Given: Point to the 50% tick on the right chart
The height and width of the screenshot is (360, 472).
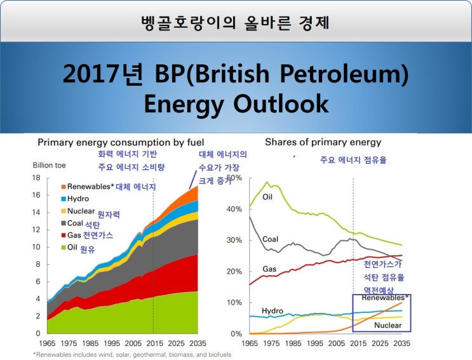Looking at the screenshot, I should (234, 178).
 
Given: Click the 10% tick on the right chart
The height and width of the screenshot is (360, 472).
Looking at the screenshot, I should (234, 303).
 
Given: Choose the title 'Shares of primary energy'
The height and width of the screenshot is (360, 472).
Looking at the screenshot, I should (323, 142).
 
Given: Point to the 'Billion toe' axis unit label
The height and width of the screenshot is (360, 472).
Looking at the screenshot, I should (50, 165).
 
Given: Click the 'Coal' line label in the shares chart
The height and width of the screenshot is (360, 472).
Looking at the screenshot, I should (270, 239).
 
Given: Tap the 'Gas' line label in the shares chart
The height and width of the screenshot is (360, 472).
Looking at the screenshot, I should (269, 269).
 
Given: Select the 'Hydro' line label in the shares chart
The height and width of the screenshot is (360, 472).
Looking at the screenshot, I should (272, 310).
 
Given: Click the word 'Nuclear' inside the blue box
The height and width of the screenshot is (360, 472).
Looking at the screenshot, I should (387, 325).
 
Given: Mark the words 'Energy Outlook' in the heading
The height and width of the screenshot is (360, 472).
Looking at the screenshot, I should (236, 103).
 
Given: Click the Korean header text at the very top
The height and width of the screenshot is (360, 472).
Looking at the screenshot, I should (236, 22).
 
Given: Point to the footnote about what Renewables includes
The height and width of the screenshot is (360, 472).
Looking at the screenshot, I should (131, 354).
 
